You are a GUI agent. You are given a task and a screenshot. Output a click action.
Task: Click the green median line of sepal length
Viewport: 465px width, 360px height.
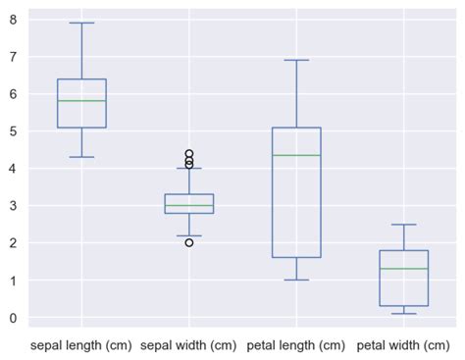coord(81,101)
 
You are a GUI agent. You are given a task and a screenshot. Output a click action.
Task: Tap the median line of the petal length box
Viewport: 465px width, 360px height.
coord(296,155)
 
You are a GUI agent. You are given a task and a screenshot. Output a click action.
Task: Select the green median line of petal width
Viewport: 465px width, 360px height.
coord(403,269)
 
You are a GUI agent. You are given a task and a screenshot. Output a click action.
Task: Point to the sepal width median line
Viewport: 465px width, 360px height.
coord(189,206)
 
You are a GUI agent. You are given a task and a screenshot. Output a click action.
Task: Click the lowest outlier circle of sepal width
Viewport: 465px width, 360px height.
coord(189,242)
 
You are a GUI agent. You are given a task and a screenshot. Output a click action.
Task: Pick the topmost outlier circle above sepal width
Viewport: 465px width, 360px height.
coord(189,154)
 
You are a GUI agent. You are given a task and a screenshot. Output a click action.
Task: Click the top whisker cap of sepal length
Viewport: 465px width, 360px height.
coord(81,23)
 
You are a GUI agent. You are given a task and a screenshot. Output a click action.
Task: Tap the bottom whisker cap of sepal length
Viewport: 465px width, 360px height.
coord(81,157)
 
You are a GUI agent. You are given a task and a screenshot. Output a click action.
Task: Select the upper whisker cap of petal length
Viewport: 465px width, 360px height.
coord(296,60)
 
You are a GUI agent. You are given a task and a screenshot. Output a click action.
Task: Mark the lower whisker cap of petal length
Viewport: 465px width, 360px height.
coord(296,280)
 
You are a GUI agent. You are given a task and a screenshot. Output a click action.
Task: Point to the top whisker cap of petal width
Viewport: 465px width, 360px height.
coord(403,225)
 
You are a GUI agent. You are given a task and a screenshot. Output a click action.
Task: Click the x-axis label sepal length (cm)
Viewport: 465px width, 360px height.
coord(81,345)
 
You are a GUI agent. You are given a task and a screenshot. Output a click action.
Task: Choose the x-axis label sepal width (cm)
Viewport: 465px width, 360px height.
coord(189,345)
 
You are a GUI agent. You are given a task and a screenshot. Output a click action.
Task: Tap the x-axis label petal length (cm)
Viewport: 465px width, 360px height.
coord(296,345)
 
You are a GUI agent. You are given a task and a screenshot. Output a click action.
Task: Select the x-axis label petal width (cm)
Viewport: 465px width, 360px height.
coord(403,345)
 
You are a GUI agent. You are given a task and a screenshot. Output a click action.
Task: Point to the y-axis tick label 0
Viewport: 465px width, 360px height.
coord(15,318)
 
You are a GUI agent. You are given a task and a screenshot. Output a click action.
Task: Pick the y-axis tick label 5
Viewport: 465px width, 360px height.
coord(15,131)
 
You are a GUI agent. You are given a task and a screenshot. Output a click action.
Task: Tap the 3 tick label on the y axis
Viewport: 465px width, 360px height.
coord(15,206)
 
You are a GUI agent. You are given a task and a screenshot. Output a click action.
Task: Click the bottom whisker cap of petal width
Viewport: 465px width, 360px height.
coord(403,314)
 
